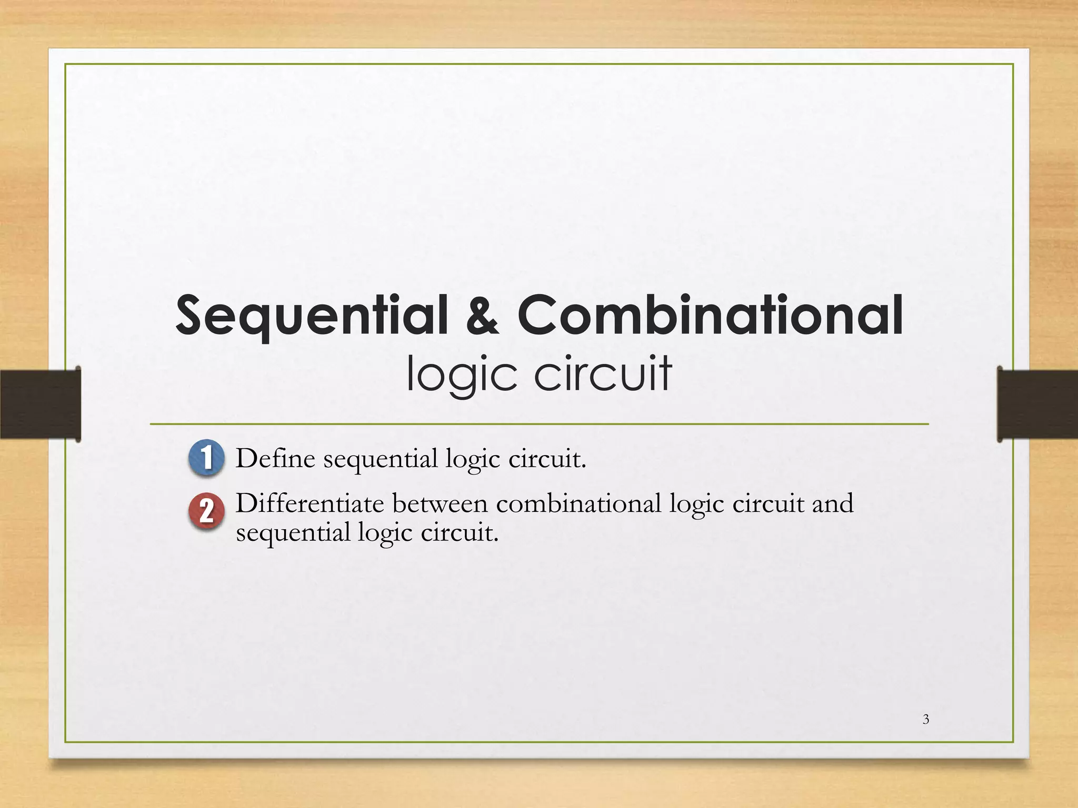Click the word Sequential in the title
point(311,316)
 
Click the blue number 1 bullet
point(206,457)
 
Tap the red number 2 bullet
point(206,511)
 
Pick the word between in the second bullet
point(440,504)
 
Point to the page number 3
point(926,719)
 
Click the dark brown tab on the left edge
point(40,404)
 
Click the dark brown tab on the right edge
point(1037,404)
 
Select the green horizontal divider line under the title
point(539,423)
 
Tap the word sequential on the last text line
point(293,533)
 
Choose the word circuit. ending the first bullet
point(547,458)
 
